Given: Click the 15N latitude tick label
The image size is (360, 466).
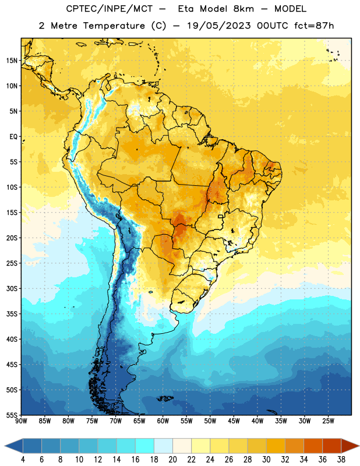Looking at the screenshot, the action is (12, 61).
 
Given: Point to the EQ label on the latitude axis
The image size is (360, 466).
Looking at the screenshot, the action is (13, 137).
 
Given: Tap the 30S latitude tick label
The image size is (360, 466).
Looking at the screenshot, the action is (12, 288).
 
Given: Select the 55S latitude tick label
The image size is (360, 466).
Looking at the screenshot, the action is (12, 415).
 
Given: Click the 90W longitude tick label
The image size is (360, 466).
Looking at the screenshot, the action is (21, 421).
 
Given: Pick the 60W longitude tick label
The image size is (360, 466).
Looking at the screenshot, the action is (163, 421).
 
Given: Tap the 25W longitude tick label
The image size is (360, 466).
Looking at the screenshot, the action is (328, 421).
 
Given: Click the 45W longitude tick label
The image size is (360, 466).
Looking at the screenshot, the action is (234, 421).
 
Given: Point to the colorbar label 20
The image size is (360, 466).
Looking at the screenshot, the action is (172, 460).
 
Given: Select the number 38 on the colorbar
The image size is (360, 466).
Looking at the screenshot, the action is (341, 460).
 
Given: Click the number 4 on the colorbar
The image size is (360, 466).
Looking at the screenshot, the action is (23, 460).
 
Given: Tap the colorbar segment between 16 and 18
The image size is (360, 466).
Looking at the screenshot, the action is (145, 446).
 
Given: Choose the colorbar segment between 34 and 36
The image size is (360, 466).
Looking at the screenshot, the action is (313, 446).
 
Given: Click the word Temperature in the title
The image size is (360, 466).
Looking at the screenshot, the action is (114, 26).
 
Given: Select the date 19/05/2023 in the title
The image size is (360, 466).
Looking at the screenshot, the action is (219, 26).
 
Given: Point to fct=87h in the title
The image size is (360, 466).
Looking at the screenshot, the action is (314, 26).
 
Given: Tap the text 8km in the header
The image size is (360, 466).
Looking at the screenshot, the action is (243, 9).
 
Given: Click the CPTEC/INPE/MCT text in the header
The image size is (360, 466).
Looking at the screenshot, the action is (110, 9).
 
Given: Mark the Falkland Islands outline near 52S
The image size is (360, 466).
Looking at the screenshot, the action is (165, 398).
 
